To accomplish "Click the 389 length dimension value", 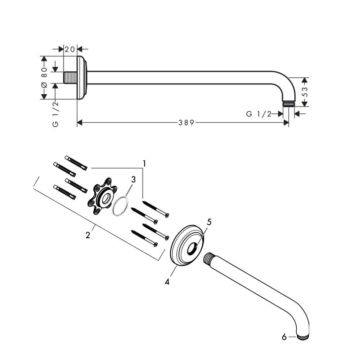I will click(186, 123).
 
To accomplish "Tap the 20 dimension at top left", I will click(70, 49).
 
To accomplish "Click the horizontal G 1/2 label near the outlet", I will click(258, 114).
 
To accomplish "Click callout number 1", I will click(144, 164).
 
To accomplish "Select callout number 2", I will click(88, 235).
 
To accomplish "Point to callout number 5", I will click(209, 222).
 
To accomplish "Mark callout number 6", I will click(284, 337).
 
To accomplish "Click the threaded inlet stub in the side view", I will click(70, 78).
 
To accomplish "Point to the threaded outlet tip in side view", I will click(288, 104).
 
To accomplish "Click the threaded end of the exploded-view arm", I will click(209, 258).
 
